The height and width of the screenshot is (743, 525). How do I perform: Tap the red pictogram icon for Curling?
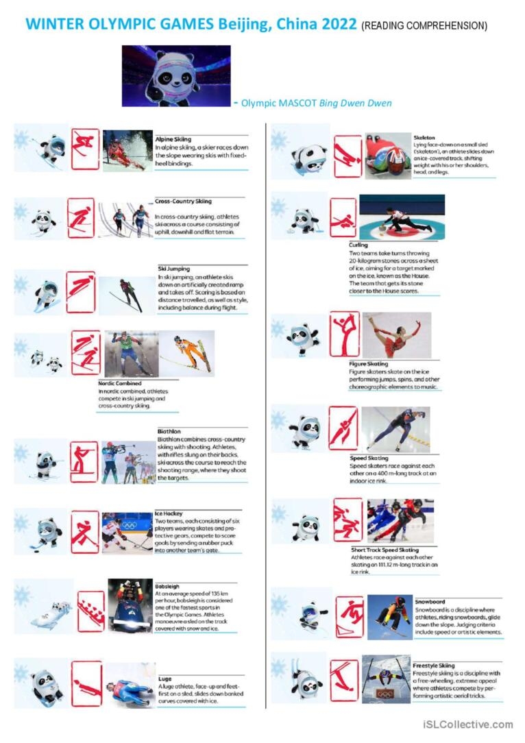click(x=343, y=217)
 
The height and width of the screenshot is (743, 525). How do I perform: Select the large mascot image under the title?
click(x=176, y=75)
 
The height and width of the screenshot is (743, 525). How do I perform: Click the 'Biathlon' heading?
click(x=169, y=432)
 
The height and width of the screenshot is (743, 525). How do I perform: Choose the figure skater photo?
click(x=396, y=335)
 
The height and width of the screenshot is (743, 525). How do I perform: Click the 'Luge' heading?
click(x=164, y=679)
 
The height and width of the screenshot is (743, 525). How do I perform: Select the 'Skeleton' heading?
click(x=424, y=138)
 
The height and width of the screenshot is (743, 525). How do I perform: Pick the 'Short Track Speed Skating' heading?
click(x=384, y=550)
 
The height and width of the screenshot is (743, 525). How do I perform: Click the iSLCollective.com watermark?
click(x=467, y=724)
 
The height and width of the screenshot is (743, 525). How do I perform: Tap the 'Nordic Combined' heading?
click(x=120, y=384)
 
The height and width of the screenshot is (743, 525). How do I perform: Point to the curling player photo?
click(x=402, y=217)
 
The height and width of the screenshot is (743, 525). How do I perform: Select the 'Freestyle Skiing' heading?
click(x=433, y=666)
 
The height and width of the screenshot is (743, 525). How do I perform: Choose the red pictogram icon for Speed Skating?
click(x=343, y=428)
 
